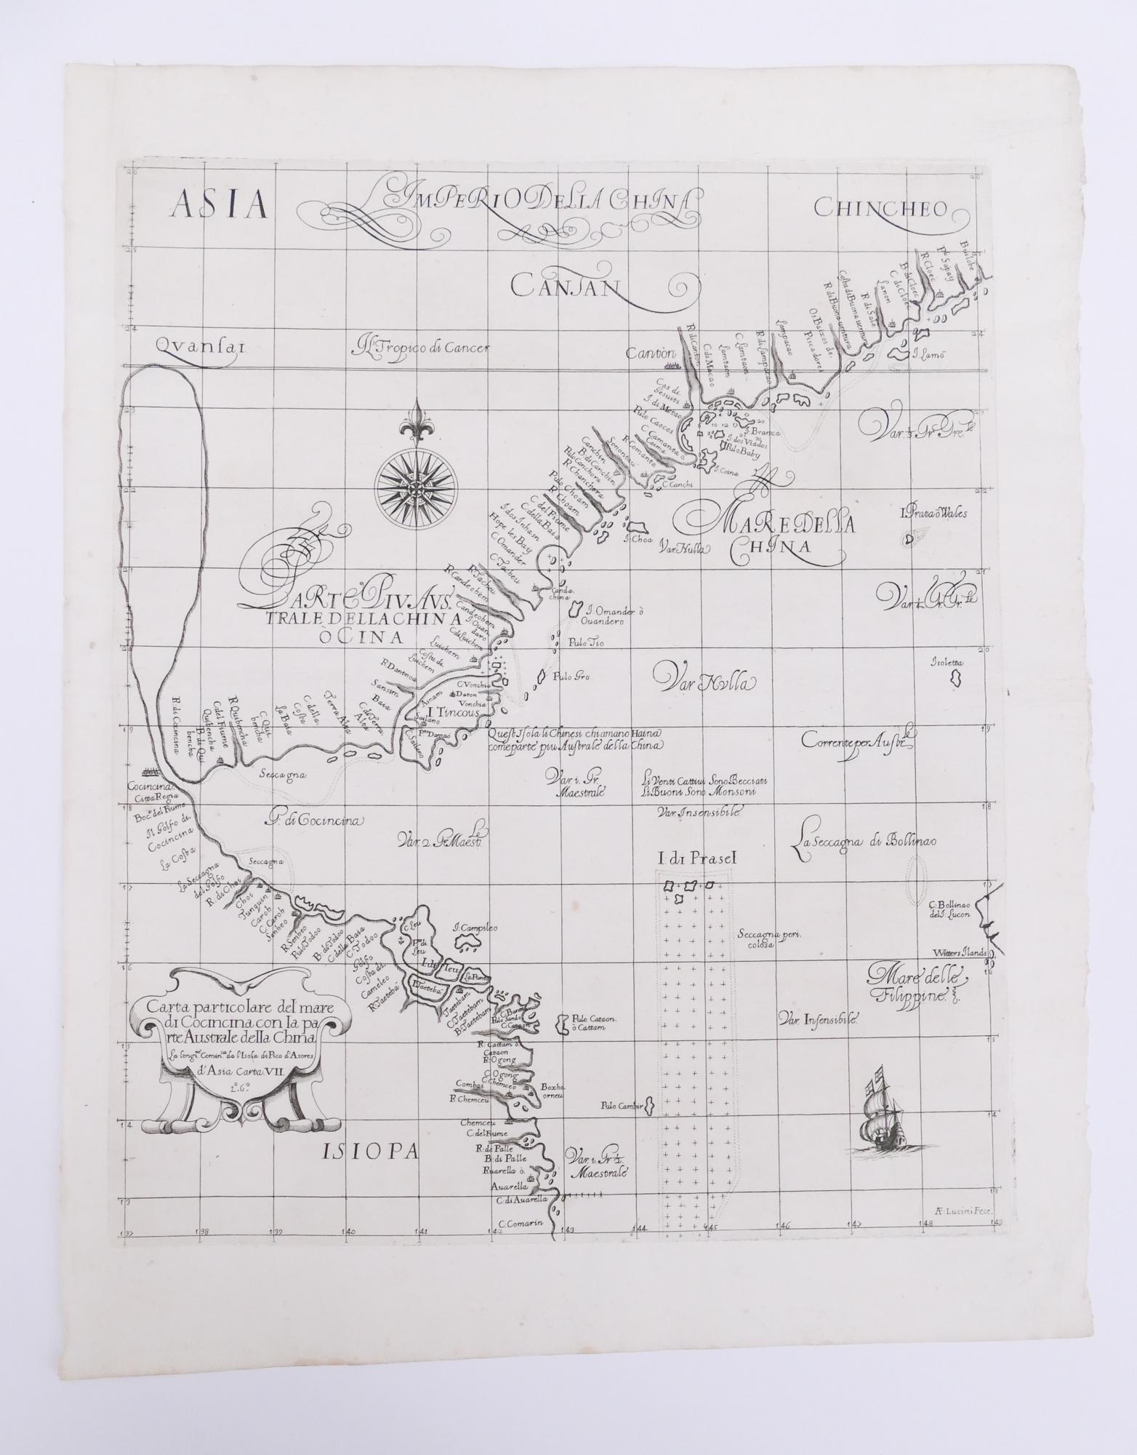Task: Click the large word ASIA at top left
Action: click(219, 206)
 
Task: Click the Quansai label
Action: click(201, 348)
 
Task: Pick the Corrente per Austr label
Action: click(856, 743)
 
